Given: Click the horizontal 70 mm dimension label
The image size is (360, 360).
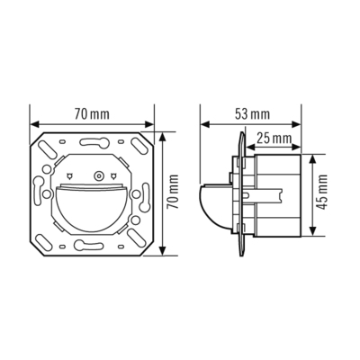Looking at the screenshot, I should click(92, 115).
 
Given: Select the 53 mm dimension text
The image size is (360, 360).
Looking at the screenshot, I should click(254, 115).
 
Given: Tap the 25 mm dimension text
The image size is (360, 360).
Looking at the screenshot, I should click(274, 138).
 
